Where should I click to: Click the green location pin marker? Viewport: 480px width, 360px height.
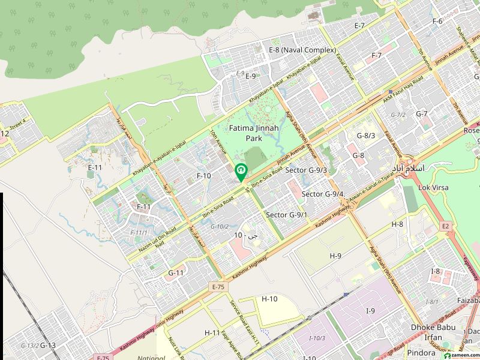point(241,172)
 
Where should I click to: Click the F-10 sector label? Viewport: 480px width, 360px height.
point(204,176)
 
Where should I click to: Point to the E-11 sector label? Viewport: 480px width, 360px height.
point(95,167)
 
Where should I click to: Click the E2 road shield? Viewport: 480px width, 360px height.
point(445,226)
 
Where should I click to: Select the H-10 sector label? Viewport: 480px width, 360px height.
point(269,299)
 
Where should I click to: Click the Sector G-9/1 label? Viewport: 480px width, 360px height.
point(287,215)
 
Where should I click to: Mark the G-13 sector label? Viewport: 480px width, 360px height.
point(48,345)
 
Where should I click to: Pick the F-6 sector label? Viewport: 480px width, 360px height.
point(437,21)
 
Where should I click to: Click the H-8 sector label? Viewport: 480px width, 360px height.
point(397,224)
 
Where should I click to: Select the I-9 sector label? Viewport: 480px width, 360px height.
point(370,310)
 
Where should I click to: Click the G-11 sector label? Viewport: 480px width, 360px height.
point(176,273)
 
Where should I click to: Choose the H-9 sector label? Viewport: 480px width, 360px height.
point(335,256)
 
